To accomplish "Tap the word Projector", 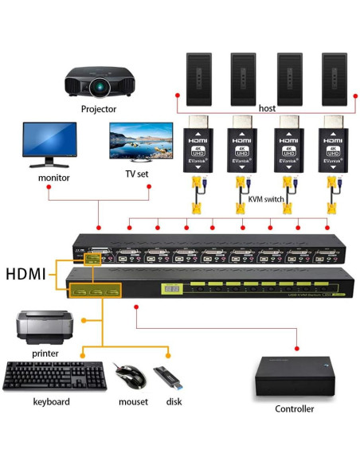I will point(98,109).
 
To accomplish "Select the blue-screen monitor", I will point(50,144).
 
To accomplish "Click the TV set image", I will point(141,144).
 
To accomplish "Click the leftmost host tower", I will point(199,77).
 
